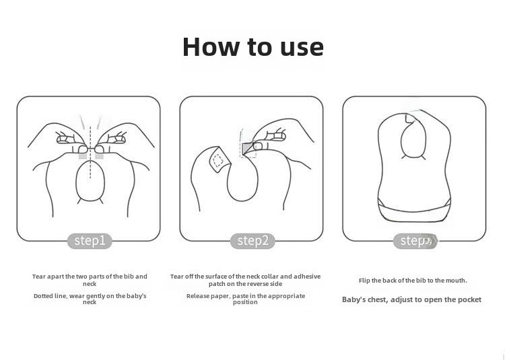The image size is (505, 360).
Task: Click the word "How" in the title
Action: pyautogui.click(x=211, y=47)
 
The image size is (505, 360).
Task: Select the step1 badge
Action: pyautogui.click(x=90, y=241)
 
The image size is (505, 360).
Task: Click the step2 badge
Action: pyautogui.click(x=252, y=241)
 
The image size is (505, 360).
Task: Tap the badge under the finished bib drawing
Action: pyautogui.click(x=415, y=241)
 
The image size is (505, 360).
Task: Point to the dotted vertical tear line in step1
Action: pyautogui.click(x=90, y=152)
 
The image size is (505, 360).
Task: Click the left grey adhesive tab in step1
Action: pyautogui.click(x=83, y=156)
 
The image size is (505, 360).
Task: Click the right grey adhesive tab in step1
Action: pyautogui.click(x=99, y=156)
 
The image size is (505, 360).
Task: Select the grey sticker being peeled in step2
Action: pyautogui.click(x=247, y=148)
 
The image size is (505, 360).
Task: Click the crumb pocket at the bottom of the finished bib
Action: pyautogui.click(x=414, y=213)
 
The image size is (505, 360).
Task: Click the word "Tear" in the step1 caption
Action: pyautogui.click(x=39, y=277)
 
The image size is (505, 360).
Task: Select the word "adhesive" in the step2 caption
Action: pyautogui.click(x=307, y=277)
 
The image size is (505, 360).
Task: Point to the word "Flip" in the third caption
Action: pyautogui.click(x=364, y=281)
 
